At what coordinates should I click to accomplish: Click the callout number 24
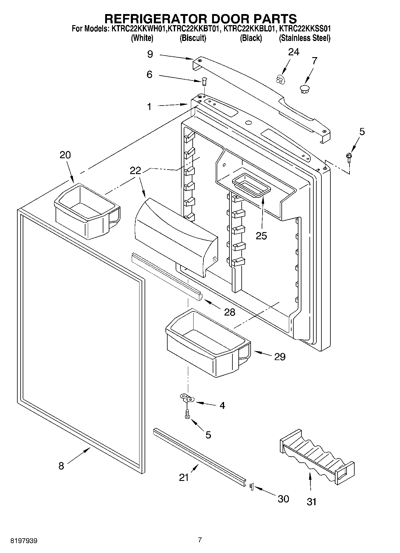(293, 52)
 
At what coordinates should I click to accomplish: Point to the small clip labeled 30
(251, 487)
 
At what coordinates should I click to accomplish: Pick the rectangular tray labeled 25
(251, 185)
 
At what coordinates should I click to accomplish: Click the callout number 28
(230, 312)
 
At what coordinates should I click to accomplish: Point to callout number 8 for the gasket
(61, 466)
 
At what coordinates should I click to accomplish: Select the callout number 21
(184, 477)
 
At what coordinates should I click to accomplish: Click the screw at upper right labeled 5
(348, 156)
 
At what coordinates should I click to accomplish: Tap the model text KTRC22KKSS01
(305, 29)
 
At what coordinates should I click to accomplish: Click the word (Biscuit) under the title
(193, 38)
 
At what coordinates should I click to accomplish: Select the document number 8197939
(24, 541)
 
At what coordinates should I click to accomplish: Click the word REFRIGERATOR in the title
(155, 19)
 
